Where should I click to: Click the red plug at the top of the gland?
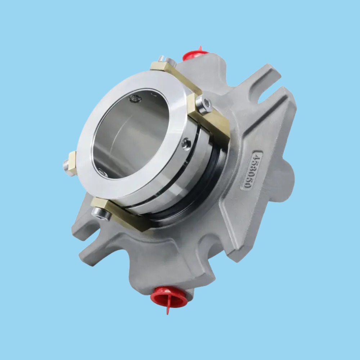195,54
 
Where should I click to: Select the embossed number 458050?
251,170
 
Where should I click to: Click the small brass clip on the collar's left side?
72,163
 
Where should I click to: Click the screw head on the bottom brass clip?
102,214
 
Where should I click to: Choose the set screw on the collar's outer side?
186,144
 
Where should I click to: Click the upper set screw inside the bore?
136,98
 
